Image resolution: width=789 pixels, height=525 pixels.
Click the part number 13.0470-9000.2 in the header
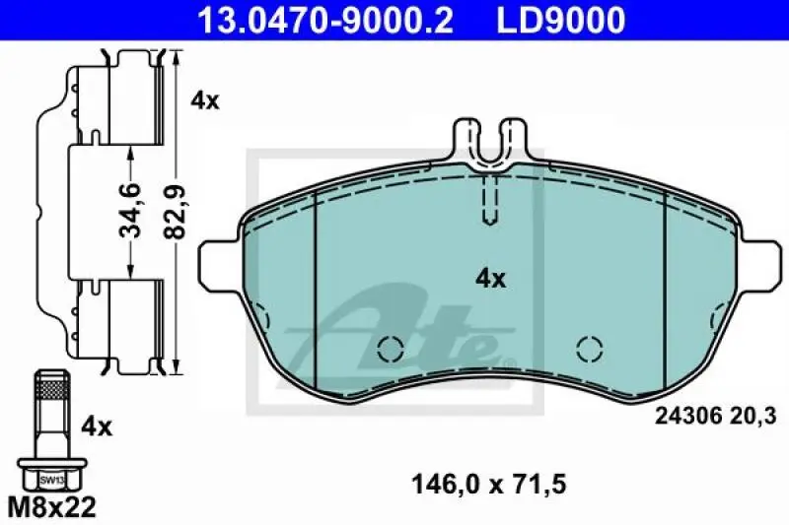tap(325, 19)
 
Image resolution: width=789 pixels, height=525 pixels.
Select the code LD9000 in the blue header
tap(561, 19)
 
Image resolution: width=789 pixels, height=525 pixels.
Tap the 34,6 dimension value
tap(131, 210)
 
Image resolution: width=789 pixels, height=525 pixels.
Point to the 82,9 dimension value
tap(176, 211)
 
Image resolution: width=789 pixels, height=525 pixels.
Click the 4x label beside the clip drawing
tap(205, 101)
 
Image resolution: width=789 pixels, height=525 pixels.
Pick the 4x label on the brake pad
tap(490, 279)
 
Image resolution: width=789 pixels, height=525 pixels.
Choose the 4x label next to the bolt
tap(97, 427)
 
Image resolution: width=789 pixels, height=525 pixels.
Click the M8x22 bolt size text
tap(52, 507)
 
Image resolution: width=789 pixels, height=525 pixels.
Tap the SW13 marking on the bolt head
tap(52, 481)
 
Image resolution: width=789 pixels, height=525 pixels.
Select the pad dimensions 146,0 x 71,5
tap(489, 485)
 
